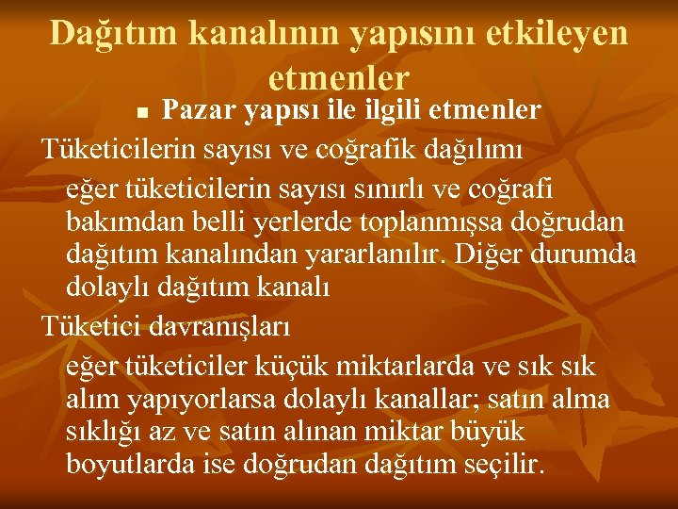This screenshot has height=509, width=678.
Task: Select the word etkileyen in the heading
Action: coord(558,33)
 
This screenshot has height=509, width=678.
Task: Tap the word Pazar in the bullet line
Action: coord(199,111)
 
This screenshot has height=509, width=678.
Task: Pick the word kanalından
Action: coord(247,255)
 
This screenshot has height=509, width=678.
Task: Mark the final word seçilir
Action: coord(504,466)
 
